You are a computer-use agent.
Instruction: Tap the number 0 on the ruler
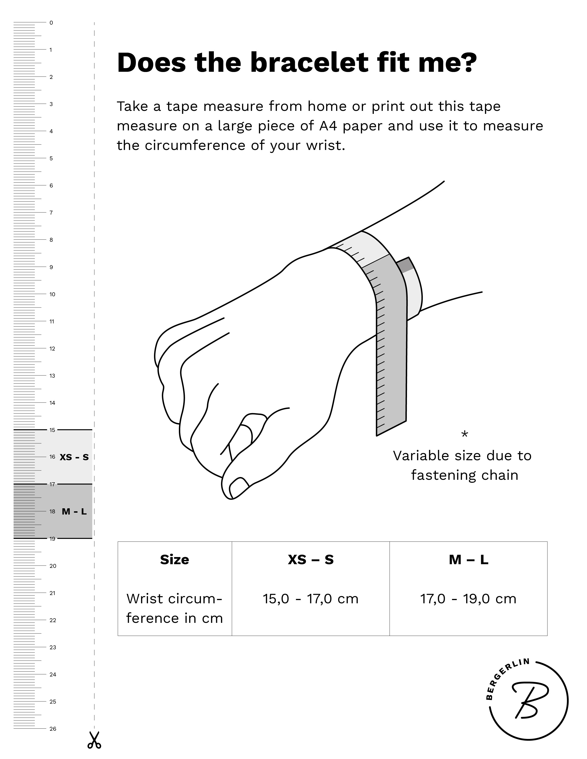coord(51,23)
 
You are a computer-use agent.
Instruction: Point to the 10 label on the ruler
coord(52,294)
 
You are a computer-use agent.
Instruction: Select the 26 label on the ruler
coord(52,729)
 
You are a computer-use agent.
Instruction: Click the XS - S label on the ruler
coord(74,457)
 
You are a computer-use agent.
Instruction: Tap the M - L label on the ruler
coord(74,511)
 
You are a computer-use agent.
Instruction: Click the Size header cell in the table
coord(174,560)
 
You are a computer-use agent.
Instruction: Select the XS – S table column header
coord(311,560)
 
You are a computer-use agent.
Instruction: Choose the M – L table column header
coord(468,560)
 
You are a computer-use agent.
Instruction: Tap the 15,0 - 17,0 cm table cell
coord(311,599)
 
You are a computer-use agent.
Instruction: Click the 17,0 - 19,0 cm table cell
coord(468,599)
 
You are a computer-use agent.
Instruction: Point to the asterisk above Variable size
coord(464,434)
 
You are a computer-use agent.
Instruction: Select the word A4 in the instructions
coord(328,126)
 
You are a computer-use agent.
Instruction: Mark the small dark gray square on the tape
coord(405,265)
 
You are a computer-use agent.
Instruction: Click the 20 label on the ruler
coord(52,566)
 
